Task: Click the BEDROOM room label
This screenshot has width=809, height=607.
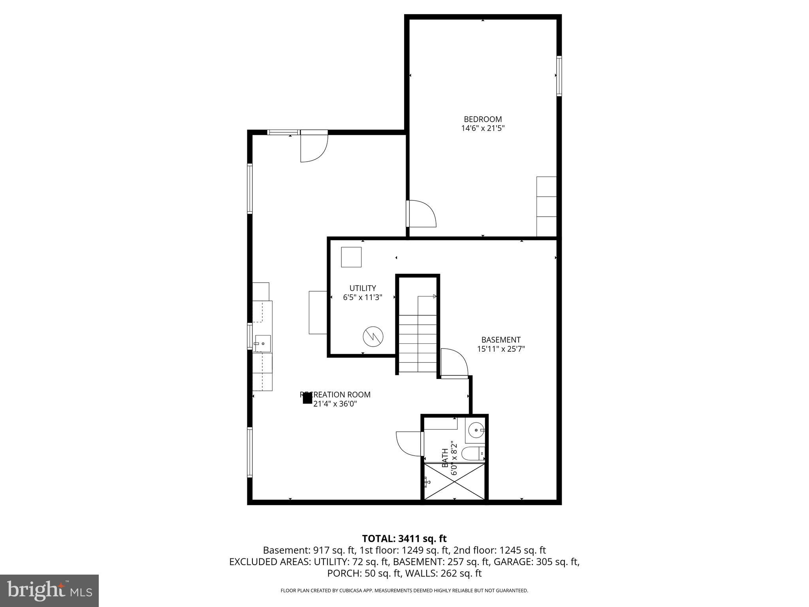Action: click(x=483, y=119)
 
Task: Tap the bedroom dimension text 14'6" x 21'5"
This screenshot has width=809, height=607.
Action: click(x=483, y=128)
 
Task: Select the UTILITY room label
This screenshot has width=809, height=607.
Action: click(x=362, y=288)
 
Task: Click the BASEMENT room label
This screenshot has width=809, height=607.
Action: click(x=500, y=339)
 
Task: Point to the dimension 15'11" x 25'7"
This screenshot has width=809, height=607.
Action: click(x=500, y=349)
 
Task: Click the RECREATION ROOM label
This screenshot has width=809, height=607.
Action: click(x=335, y=394)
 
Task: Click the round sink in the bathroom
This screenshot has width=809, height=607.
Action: click(x=476, y=430)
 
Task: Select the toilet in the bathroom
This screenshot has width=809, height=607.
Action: click(x=472, y=453)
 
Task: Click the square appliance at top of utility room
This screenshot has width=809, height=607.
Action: click(x=351, y=257)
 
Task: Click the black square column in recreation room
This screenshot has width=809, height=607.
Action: click(x=307, y=398)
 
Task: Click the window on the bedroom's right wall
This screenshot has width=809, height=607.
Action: click(x=559, y=76)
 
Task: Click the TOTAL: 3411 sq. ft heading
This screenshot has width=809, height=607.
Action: click(x=404, y=538)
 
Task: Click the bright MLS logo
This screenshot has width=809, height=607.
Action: click(x=49, y=590)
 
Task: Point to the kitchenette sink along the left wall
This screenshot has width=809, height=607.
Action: click(x=262, y=343)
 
